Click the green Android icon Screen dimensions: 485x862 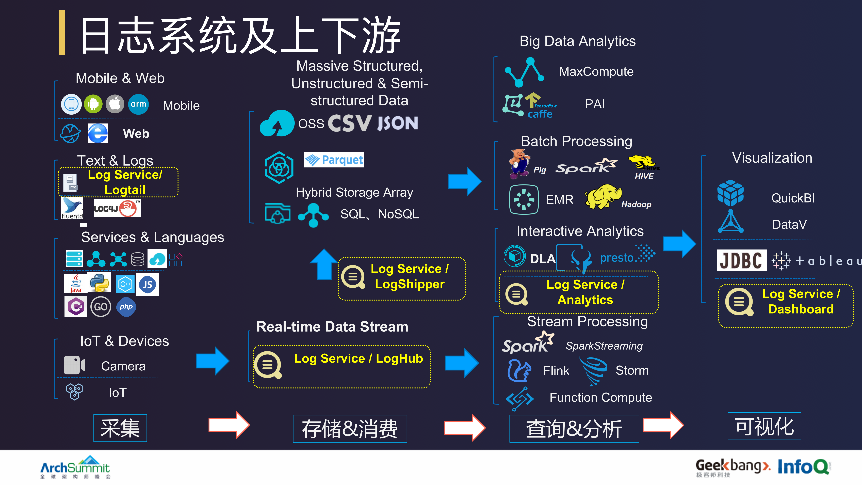[x=93, y=104]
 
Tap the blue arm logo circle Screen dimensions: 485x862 [x=138, y=104]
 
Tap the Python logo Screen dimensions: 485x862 [x=99, y=283]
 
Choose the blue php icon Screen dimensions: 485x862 [x=126, y=307]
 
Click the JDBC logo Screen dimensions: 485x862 [x=741, y=260]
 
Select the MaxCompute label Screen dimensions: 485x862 [x=596, y=72]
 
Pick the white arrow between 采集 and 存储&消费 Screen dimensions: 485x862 [x=229, y=425]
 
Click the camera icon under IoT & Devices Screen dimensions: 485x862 [x=74, y=365]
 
